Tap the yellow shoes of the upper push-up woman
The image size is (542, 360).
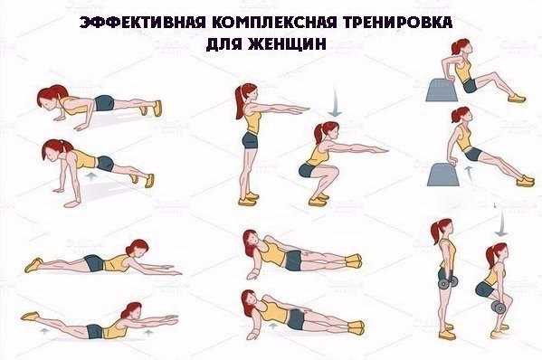pos(157,109)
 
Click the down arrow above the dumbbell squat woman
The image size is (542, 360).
pos(497,217)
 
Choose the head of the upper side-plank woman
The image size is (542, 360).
pos(252,241)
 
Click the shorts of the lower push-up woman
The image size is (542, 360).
pos(105,164)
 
